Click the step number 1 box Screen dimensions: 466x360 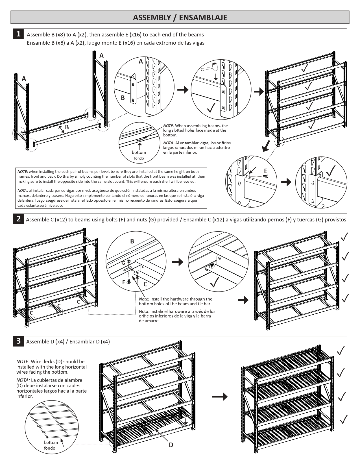[18, 34]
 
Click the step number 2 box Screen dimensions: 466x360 [18, 219]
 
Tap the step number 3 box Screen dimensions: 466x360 [18, 341]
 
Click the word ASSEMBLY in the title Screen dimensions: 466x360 [152, 18]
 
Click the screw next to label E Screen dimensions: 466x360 [265, 177]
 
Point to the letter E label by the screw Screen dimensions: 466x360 [265, 171]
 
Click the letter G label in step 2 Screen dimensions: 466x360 [123, 263]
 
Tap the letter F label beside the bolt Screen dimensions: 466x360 [123, 282]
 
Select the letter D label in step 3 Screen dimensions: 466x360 [171, 445]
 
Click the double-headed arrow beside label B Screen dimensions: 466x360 [61, 129]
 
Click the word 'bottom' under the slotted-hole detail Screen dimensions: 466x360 [139, 153]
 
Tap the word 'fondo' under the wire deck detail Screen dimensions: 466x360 [50, 448]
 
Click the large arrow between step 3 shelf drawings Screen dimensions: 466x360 [220, 397]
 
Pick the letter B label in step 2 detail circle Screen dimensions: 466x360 [132, 241]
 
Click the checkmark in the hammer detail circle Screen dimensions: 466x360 [211, 107]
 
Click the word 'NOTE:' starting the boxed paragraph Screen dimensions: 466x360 [23, 171]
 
